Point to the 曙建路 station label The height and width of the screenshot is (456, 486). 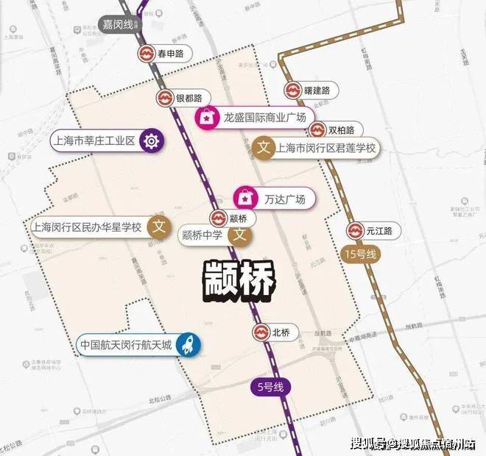pyautogui.click(x=317, y=90)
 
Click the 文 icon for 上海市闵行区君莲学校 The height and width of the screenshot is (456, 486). pyautogui.click(x=264, y=148)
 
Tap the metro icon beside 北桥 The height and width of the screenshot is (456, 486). pyautogui.click(x=261, y=332)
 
